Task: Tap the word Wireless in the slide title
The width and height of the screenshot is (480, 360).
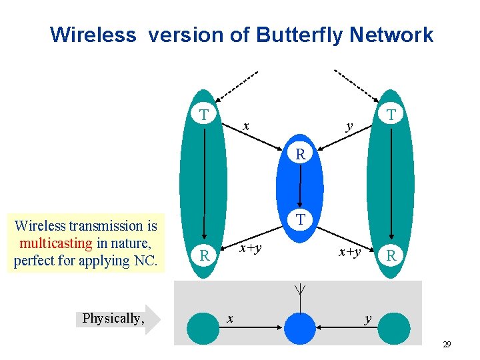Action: pyautogui.click(x=92, y=35)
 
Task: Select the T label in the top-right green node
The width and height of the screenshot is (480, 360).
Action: pyautogui.click(x=393, y=115)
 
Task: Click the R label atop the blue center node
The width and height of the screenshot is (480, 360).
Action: pyautogui.click(x=301, y=155)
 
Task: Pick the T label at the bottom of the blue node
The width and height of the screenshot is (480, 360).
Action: pyautogui.click(x=301, y=219)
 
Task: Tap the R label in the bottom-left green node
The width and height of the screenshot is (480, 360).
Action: pyautogui.click(x=206, y=256)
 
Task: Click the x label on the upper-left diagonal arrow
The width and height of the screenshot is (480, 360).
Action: pyautogui.click(x=246, y=126)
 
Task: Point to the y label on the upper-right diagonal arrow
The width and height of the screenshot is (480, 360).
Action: pyautogui.click(x=349, y=126)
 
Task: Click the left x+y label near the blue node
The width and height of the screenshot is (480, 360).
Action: pyautogui.click(x=250, y=249)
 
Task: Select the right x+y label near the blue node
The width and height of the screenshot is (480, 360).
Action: pyautogui.click(x=349, y=252)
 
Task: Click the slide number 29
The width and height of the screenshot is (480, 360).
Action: pyautogui.click(x=447, y=345)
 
